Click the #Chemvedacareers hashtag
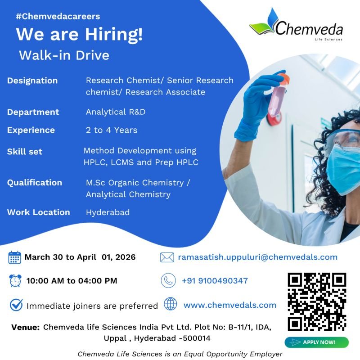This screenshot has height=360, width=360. pyautogui.click(x=58, y=17)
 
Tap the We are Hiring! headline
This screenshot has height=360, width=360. pyautogui.click(x=80, y=35)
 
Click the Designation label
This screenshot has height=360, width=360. pyautogui.click(x=32, y=81)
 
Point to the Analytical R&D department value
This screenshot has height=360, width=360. pyautogui.click(x=116, y=112)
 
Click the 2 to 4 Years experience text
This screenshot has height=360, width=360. pyautogui.click(x=112, y=130)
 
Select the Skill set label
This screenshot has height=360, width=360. pyautogui.click(x=25, y=152)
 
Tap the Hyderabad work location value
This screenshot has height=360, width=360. pyautogui.click(x=108, y=212)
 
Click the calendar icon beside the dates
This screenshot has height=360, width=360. pyautogui.click(x=15, y=258)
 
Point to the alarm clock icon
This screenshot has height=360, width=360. pyautogui.click(x=15, y=280)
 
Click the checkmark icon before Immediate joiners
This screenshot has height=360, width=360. pyautogui.click(x=16, y=305)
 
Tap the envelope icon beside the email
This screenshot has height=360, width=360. pyautogui.click(x=167, y=257)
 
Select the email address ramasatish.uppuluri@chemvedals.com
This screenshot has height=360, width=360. pyautogui.click(x=257, y=257)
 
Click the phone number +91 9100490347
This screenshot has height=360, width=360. pyautogui.click(x=215, y=280)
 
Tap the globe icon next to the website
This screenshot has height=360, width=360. pyautogui.click(x=171, y=304)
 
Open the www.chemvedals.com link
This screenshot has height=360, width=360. pyautogui.click(x=230, y=305)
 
